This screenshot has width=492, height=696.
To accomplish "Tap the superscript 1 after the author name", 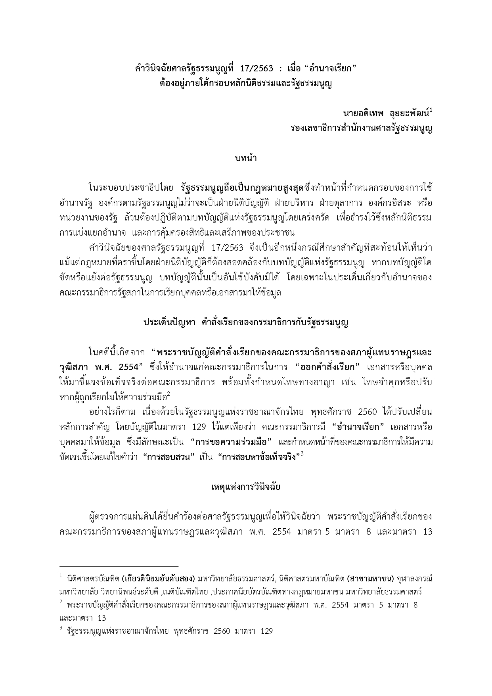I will [x=431, y=111].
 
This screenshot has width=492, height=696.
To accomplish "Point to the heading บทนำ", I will [x=246, y=158].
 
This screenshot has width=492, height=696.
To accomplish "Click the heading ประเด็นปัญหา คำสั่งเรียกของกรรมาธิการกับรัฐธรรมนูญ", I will [x=246, y=322].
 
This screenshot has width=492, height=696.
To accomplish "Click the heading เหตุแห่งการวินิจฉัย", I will [x=246, y=487].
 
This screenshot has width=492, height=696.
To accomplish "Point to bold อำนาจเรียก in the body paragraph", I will [x=358, y=427].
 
